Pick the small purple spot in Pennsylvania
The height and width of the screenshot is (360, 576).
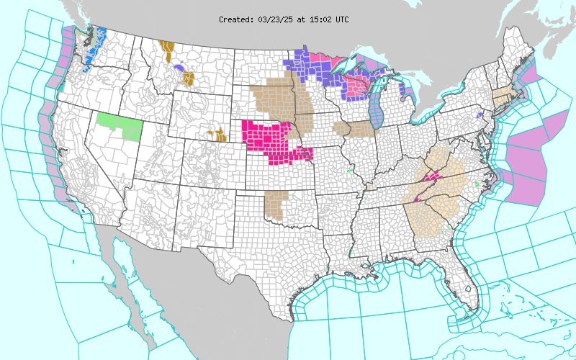pyautogui.click(x=479, y=115)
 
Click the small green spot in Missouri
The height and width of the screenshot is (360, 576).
pyautogui.click(x=350, y=171)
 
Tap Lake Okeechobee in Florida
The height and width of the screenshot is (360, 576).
pyautogui.click(x=469, y=289)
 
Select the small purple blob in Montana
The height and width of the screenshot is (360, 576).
pyautogui.click(x=176, y=68)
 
